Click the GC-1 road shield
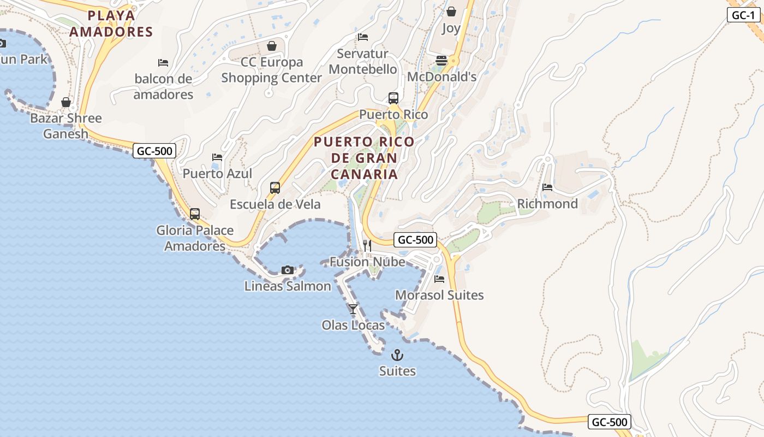[x=743, y=15]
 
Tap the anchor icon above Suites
[x=397, y=355]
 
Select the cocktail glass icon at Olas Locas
[x=353, y=309]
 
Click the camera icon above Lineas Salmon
[x=288, y=270]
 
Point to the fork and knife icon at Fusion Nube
[x=367, y=246]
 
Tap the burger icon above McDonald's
[x=441, y=60]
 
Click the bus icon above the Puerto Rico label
[x=393, y=98]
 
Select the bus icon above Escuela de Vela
[x=275, y=188]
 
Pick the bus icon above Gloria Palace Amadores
[x=195, y=214]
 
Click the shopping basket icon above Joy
[x=451, y=11]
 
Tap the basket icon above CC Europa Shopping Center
[x=272, y=46]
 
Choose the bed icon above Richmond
[x=547, y=187]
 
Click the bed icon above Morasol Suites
[x=439, y=279]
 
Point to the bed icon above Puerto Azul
[x=217, y=157]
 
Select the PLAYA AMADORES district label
[x=111, y=23]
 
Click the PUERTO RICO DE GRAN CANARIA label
[x=364, y=158]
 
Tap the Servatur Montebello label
[x=363, y=61]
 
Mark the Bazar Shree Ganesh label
[x=66, y=126]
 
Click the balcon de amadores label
[x=163, y=87]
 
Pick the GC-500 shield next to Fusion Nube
[x=416, y=240]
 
